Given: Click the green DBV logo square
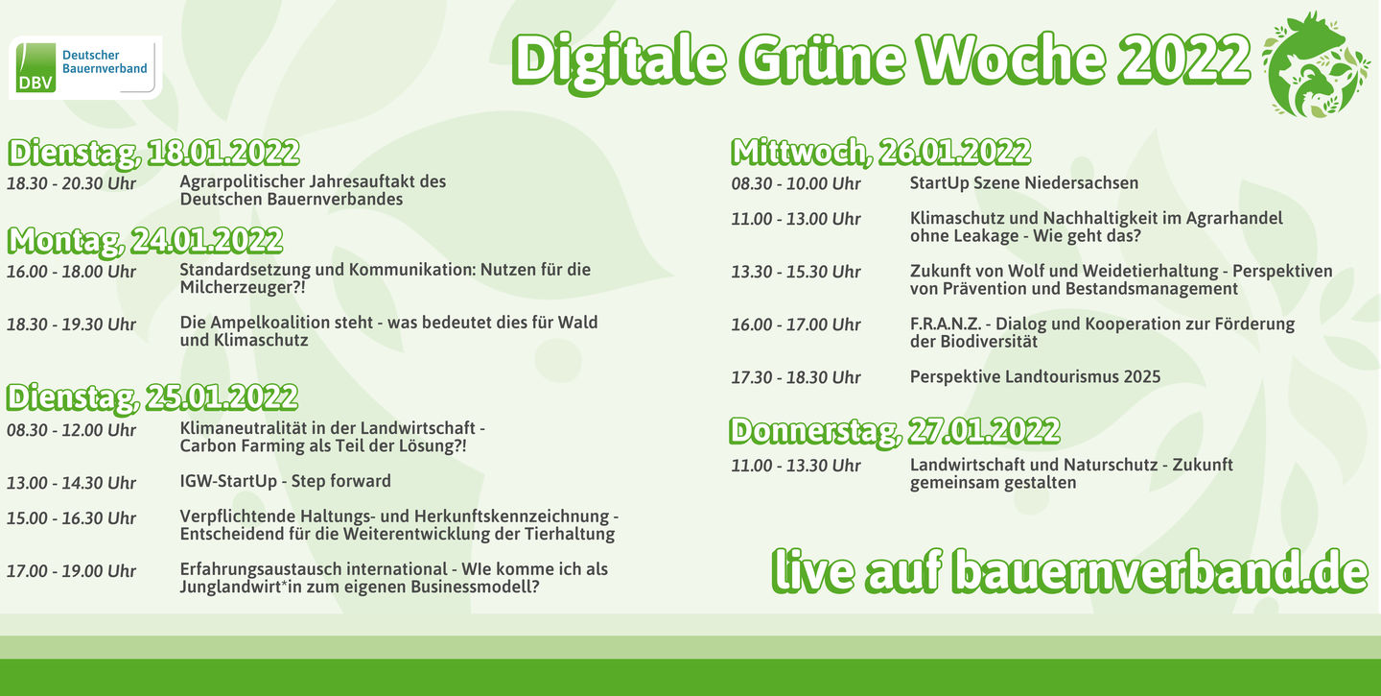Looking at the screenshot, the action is [x=35, y=67].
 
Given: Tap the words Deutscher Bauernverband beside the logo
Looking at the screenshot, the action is [x=105, y=61].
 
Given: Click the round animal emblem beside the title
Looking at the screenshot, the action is [x=1315, y=64].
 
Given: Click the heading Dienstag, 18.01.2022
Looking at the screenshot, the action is [x=153, y=153].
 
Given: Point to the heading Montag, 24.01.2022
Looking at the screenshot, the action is [x=146, y=241].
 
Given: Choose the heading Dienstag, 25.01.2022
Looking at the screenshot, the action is [x=152, y=397].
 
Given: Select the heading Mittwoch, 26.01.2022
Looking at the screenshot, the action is [x=881, y=152].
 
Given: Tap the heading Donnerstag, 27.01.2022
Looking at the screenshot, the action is [x=895, y=431].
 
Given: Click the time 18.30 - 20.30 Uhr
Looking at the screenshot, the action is [x=72, y=184].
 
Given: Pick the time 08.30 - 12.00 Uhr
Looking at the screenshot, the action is [x=72, y=430].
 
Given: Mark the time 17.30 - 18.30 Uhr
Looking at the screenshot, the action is [x=796, y=377].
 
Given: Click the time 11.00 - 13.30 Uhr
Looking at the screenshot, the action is [x=796, y=466].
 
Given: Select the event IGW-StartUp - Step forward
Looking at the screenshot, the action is [x=286, y=481].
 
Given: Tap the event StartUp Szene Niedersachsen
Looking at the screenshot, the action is [x=1024, y=183].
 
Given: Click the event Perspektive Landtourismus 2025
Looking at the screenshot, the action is [x=1035, y=377].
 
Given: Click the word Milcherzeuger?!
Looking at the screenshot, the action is [x=243, y=288].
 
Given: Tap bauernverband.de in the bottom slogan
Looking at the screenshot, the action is [x=1160, y=572].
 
